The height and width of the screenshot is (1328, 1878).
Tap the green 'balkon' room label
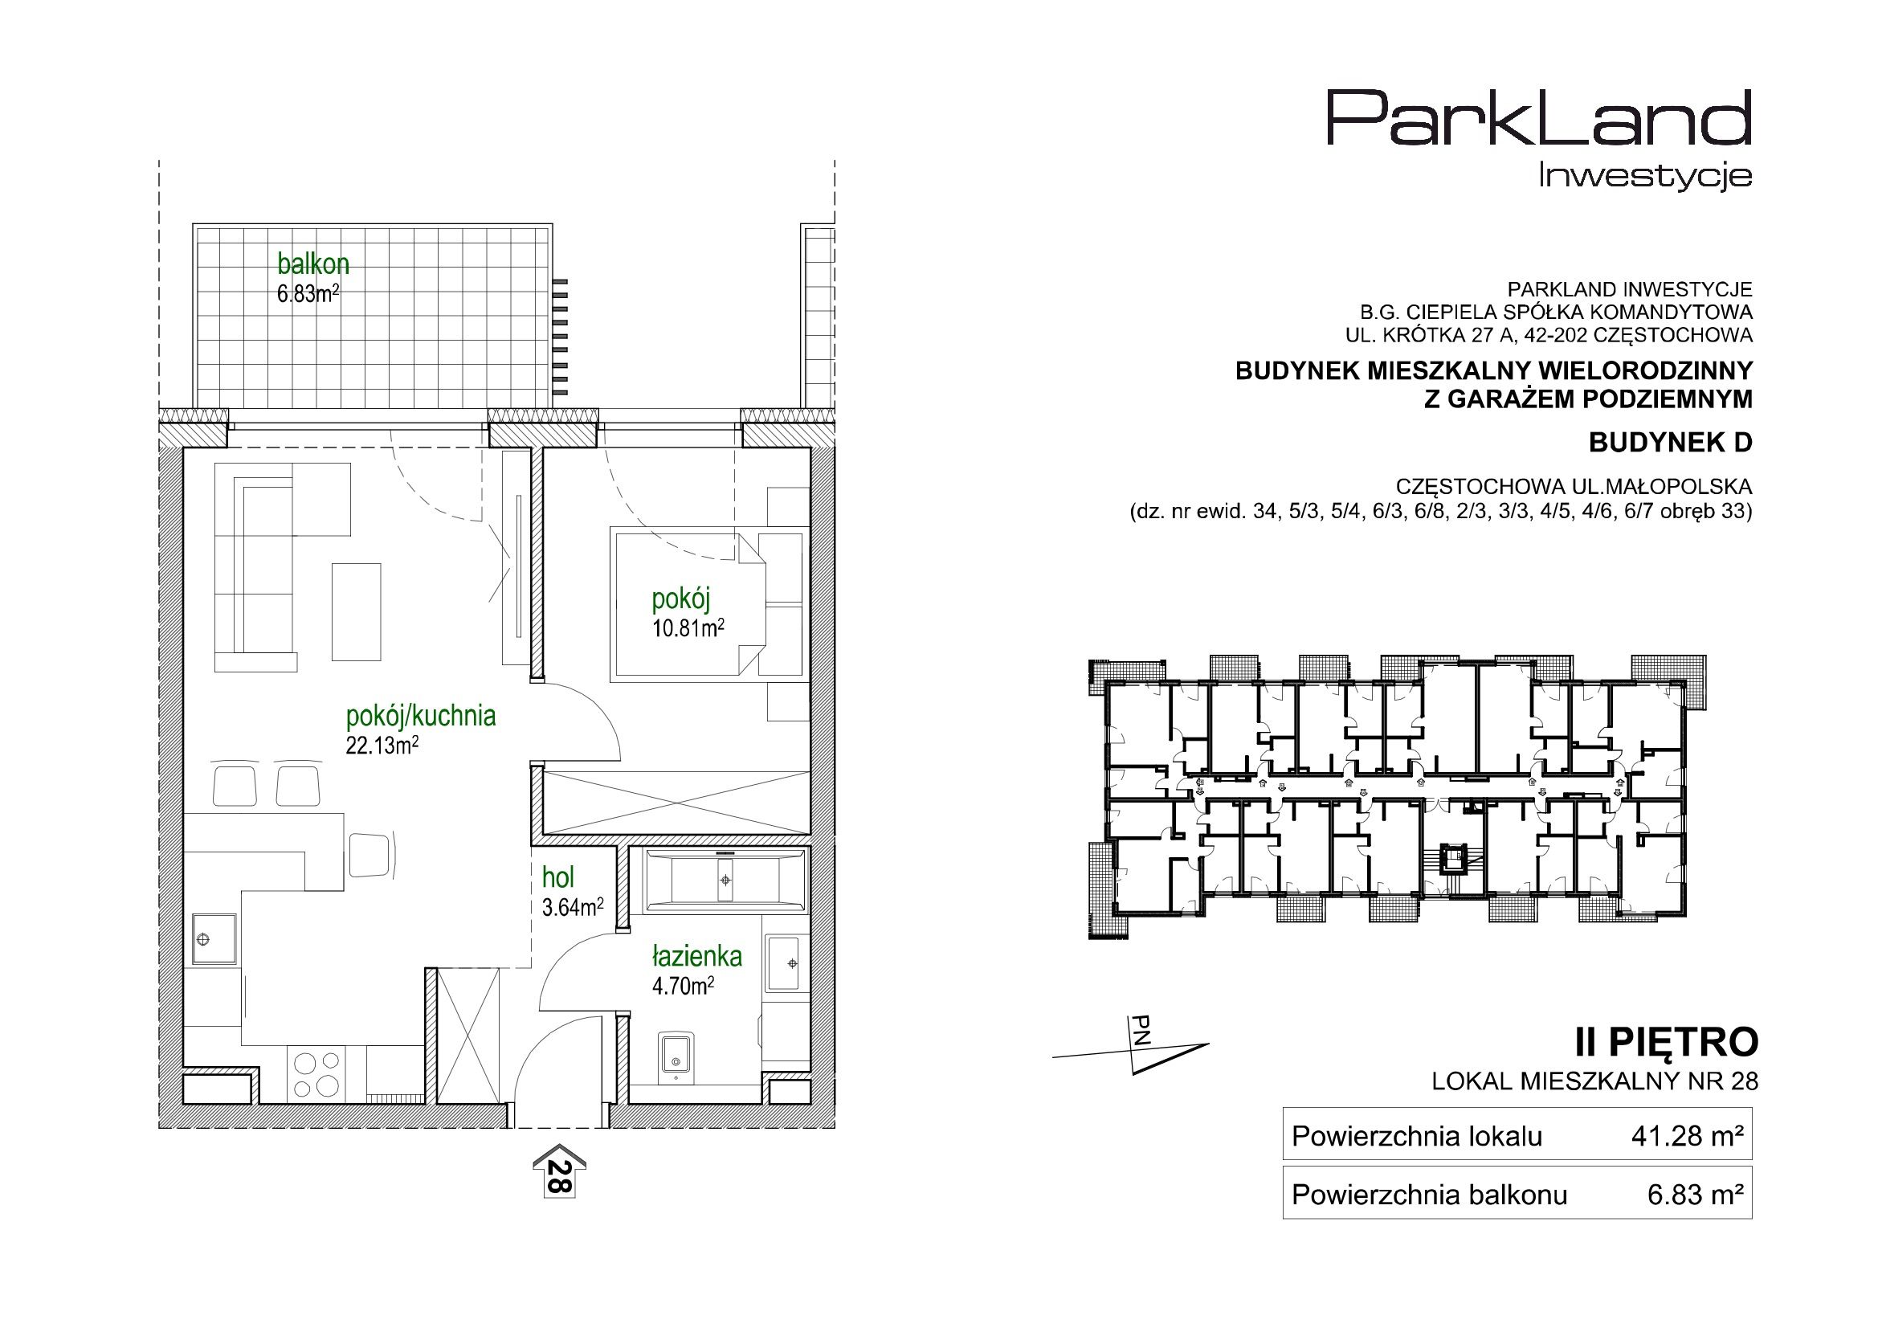point(313,264)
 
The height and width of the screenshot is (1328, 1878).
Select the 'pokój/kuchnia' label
point(421,716)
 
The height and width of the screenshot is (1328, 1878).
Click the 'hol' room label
point(557,878)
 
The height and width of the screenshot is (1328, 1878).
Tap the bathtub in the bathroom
point(725,880)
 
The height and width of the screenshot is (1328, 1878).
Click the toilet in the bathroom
point(676,1056)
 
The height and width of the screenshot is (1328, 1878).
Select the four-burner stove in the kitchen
point(316,1073)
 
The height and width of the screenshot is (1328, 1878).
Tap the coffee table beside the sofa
point(357,611)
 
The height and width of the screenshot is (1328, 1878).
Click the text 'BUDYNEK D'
point(1670,443)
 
